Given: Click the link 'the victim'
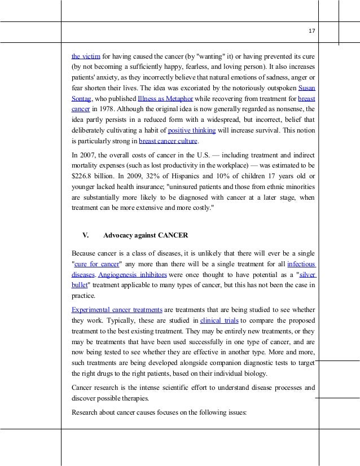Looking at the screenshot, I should pos(82,56).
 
